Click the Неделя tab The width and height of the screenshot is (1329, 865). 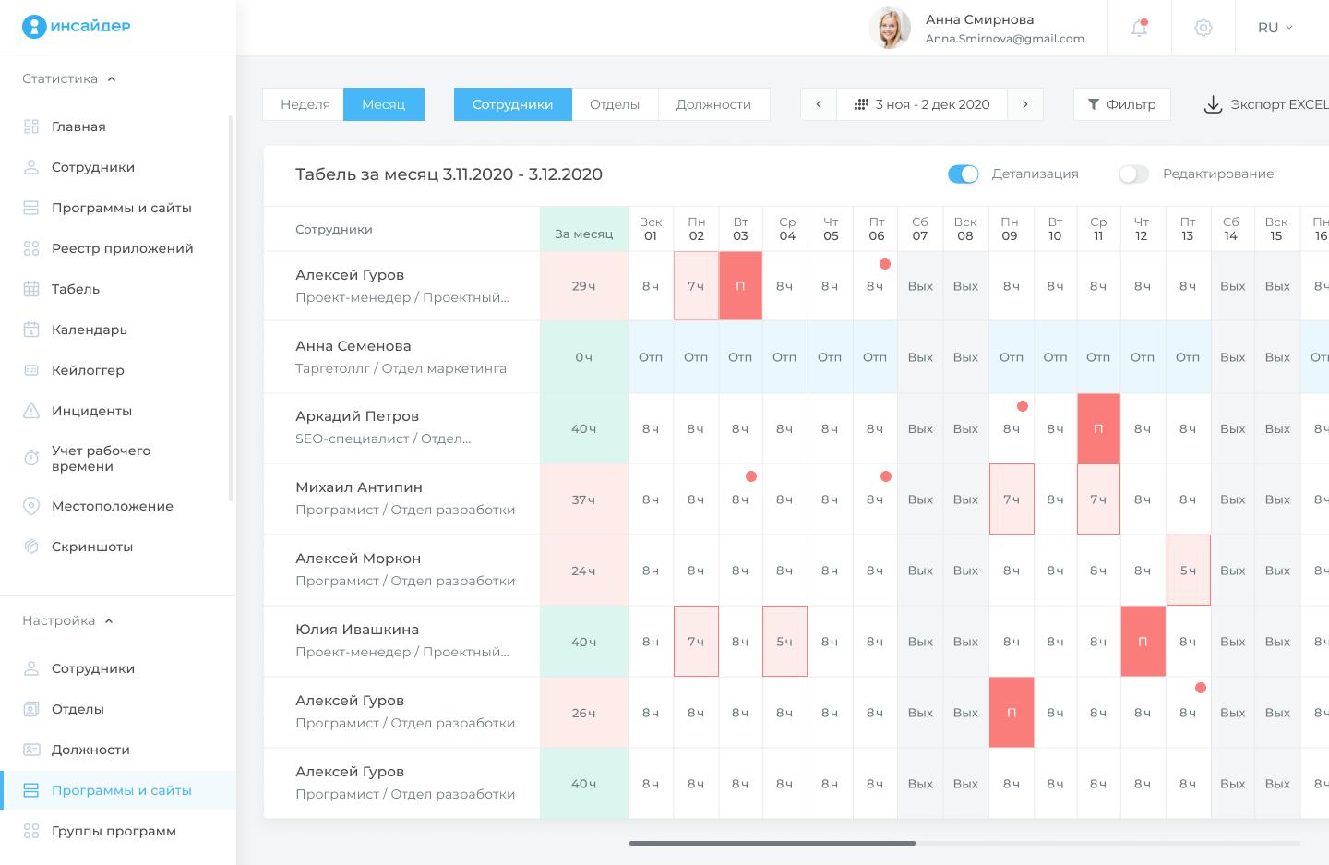pyautogui.click(x=305, y=104)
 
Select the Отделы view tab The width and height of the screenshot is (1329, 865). pyautogui.click(x=615, y=104)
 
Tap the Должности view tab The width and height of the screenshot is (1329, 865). pyautogui.click(x=713, y=104)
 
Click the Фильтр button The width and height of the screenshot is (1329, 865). pyautogui.click(x=1121, y=104)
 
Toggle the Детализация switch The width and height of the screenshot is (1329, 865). pyautogui.click(x=963, y=174)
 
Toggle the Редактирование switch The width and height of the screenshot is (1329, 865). pyautogui.click(x=1133, y=174)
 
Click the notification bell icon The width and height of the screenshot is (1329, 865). pyautogui.click(x=1139, y=28)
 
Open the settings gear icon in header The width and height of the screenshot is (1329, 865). pyautogui.click(x=1203, y=28)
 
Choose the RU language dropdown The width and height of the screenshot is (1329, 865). pyautogui.click(x=1275, y=28)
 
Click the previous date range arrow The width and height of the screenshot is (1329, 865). pyautogui.click(x=819, y=104)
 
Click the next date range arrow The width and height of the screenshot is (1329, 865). pyautogui.click(x=1024, y=104)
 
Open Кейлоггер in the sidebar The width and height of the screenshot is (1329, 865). pyautogui.click(x=88, y=370)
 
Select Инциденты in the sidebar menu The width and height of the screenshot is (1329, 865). pyautogui.click(x=91, y=411)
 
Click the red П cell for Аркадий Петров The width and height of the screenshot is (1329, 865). pyautogui.click(x=1098, y=428)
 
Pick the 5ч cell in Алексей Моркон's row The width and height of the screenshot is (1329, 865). pyautogui.click(x=1188, y=571)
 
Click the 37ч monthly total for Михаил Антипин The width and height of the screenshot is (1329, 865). pyautogui.click(x=583, y=499)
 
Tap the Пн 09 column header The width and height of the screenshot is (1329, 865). pyautogui.click(x=1010, y=229)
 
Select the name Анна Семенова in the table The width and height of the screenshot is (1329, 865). pyautogui.click(x=353, y=346)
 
